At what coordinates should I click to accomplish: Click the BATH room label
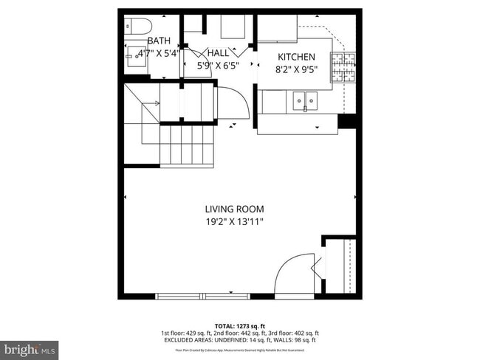(159, 41)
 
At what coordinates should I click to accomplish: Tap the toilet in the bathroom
(134, 27)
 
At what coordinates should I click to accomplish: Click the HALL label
(218, 53)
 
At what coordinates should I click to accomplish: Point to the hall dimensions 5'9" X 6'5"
(217, 65)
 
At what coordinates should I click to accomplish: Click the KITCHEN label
(296, 57)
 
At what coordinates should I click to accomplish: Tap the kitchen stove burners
(343, 67)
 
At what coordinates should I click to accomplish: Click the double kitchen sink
(304, 99)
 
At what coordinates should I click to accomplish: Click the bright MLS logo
(30, 347)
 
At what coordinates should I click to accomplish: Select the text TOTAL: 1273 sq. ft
(239, 325)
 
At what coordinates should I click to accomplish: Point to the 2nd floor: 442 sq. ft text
(240, 333)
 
